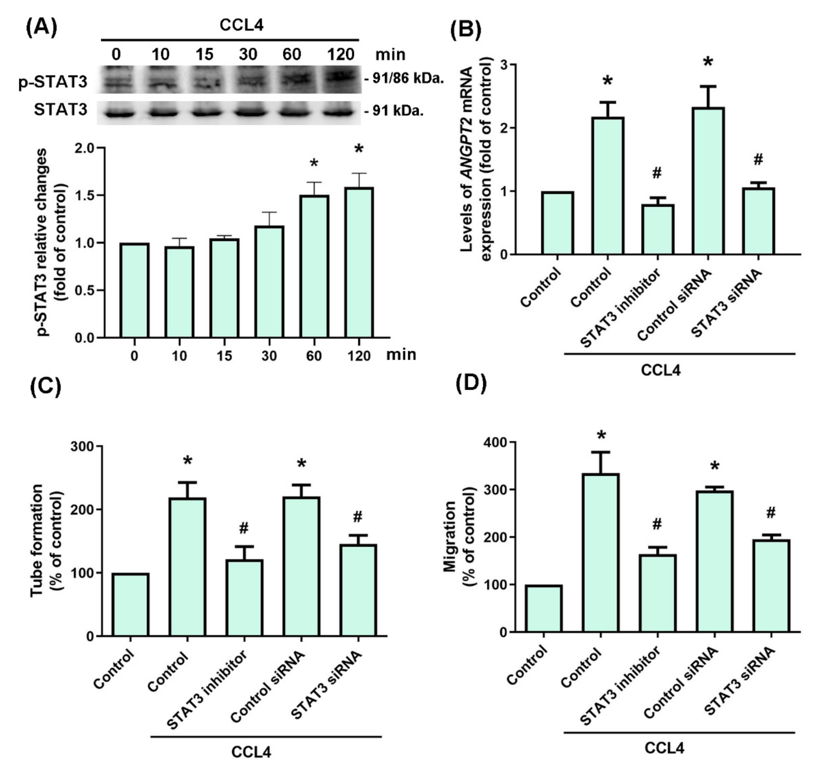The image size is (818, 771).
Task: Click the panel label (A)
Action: pos(41,28)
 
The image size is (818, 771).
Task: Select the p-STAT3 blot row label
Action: pos(53,82)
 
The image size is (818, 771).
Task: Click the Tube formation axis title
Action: pos(47,540)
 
